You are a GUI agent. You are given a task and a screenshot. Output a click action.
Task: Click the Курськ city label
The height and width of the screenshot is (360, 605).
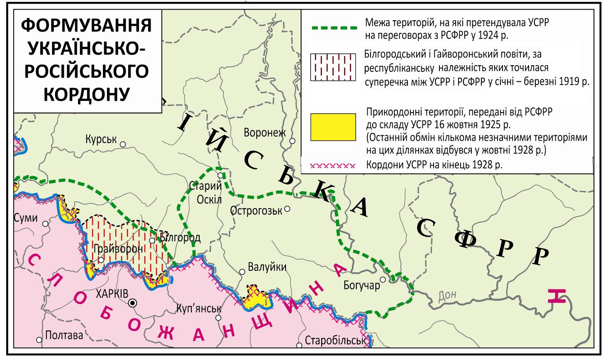101,139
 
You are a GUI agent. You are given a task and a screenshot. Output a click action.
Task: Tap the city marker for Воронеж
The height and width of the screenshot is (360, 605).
292,141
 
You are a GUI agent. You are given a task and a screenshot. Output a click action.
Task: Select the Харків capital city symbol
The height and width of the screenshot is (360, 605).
132,303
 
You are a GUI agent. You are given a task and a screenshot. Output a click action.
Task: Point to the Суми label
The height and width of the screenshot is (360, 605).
25,218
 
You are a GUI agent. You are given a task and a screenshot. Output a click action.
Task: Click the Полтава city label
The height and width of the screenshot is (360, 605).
64,335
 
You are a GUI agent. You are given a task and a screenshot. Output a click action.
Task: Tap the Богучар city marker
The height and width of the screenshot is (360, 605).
383,279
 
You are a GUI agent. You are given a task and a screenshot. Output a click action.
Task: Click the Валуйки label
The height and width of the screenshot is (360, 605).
267,267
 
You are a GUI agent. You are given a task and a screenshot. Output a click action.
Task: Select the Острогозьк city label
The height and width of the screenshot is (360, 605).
256,211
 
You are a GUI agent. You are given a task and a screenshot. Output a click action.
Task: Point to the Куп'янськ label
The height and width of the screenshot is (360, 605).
199,309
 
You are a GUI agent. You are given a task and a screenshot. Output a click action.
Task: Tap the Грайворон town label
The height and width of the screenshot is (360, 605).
118,249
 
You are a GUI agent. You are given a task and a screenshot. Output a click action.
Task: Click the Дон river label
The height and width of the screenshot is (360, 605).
447,295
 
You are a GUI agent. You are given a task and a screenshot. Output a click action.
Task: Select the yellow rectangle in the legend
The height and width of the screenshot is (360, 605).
333,127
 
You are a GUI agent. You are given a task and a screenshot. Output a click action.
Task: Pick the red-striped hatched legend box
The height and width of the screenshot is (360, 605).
333,67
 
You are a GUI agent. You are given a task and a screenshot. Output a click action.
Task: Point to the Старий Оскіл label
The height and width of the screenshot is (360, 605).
205,192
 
